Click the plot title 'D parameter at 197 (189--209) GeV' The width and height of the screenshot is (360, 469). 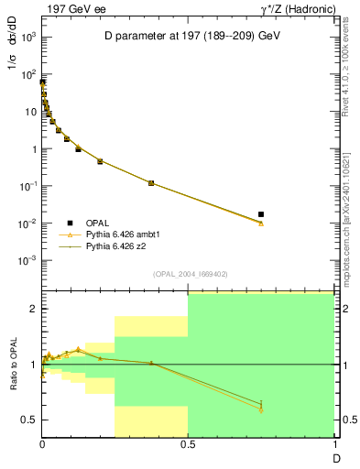pyautogui.click(x=191, y=34)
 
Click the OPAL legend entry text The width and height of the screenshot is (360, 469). pyautogui.click(x=98, y=223)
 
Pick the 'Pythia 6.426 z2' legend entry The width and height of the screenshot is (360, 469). pyautogui.click(x=116, y=246)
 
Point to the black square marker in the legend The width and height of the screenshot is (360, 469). pyautogui.click(x=70, y=223)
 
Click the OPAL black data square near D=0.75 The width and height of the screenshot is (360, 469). pyautogui.click(x=261, y=214)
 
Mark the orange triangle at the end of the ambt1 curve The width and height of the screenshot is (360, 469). pyautogui.click(x=261, y=224)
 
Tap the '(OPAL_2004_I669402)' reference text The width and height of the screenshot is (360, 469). pyautogui.click(x=188, y=273)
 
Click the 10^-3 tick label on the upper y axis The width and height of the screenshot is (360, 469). pyautogui.click(x=27, y=260)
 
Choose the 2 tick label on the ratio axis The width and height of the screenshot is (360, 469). pyautogui.click(x=32, y=309)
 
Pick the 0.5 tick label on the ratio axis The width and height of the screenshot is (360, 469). pyautogui.click(x=28, y=420)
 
